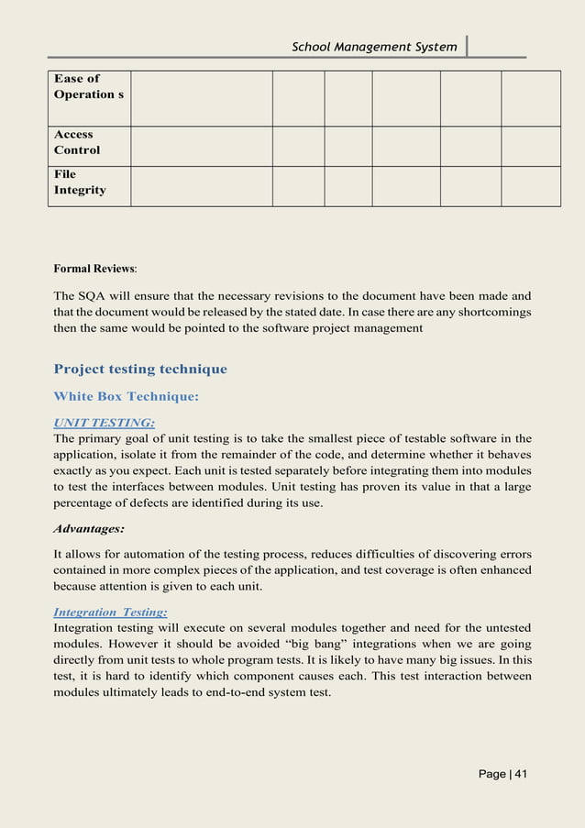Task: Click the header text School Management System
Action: pos(373,47)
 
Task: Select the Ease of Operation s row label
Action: pos(88,87)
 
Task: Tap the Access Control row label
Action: pos(77,142)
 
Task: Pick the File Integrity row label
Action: pos(79,182)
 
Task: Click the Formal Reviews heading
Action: pos(94,270)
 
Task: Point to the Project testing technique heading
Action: pos(140,370)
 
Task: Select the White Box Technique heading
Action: pos(126,397)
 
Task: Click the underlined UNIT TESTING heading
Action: pos(104,422)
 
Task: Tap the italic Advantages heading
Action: pos(89,529)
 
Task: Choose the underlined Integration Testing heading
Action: pos(110,612)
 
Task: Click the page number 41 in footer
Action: pos(503,775)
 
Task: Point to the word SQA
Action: pos(95,296)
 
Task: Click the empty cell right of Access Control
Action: pos(201,146)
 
